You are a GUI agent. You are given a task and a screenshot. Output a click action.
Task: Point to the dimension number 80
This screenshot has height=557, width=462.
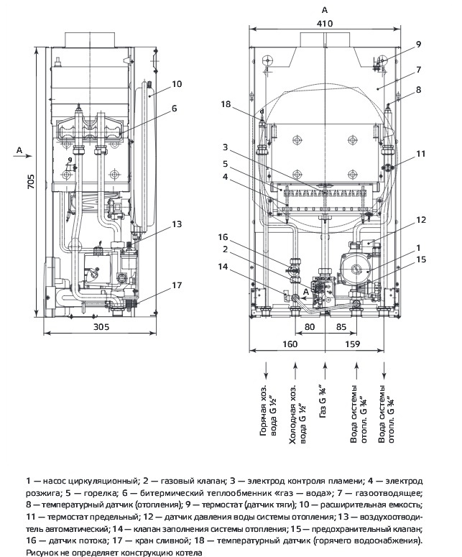click(x=310, y=327)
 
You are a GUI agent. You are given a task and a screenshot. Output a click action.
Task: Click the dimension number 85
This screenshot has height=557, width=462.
click(x=342, y=327)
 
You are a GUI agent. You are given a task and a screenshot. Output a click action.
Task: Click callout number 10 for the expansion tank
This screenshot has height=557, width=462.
click(x=177, y=84)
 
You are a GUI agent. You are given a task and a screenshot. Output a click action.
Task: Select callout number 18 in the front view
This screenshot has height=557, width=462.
click(x=226, y=104)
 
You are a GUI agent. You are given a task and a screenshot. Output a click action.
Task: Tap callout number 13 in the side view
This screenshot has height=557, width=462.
click(x=177, y=224)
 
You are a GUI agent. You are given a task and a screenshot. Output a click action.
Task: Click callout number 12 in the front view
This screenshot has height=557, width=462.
click(x=421, y=220)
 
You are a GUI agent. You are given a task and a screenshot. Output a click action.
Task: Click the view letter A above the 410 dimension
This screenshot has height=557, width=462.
click(x=325, y=11)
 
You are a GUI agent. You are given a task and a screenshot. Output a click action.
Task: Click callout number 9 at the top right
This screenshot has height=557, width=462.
click(x=418, y=45)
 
